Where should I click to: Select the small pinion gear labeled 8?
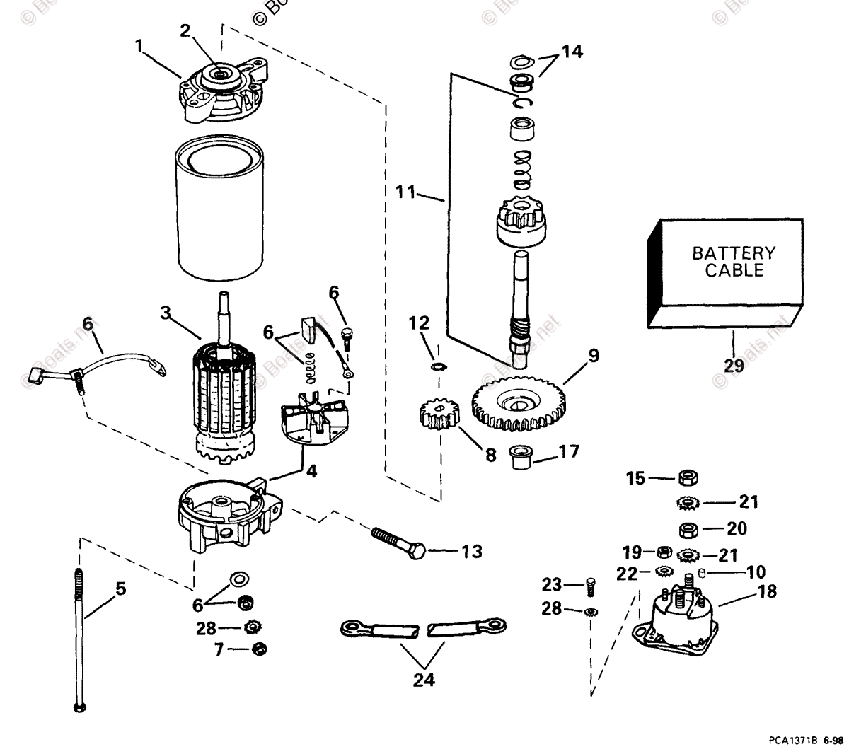(437, 417)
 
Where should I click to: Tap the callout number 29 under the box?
(734, 365)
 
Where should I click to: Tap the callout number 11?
(405, 192)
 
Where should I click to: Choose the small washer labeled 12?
(437, 366)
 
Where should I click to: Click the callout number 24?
(424, 680)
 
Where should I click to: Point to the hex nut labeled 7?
(259, 648)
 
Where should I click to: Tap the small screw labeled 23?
(591, 586)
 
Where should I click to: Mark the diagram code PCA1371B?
(790, 741)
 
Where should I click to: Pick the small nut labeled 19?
(664, 552)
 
